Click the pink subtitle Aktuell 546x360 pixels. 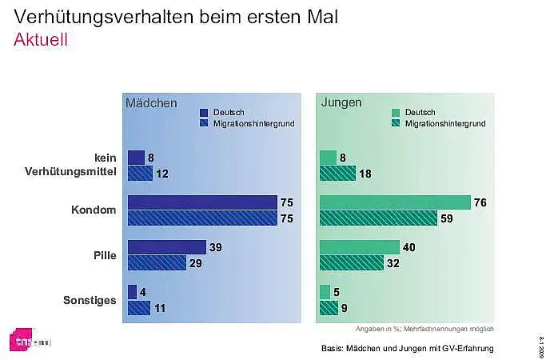click(40, 40)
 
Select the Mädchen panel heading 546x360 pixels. click(150, 103)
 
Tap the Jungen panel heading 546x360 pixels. click(341, 103)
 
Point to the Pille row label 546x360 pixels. click(106, 255)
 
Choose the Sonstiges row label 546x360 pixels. click(90, 301)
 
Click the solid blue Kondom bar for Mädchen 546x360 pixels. click(202, 202)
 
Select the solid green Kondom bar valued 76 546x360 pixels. click(395, 202)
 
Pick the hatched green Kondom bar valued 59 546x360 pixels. click(378, 218)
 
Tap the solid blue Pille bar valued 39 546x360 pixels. click(166, 247)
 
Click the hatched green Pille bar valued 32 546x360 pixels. click(351, 262)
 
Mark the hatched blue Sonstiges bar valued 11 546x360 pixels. click(139, 307)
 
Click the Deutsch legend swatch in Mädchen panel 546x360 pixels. click(204, 113)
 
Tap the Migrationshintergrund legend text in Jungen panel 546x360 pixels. click(445, 124)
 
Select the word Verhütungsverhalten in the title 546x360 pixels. click(107, 16)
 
